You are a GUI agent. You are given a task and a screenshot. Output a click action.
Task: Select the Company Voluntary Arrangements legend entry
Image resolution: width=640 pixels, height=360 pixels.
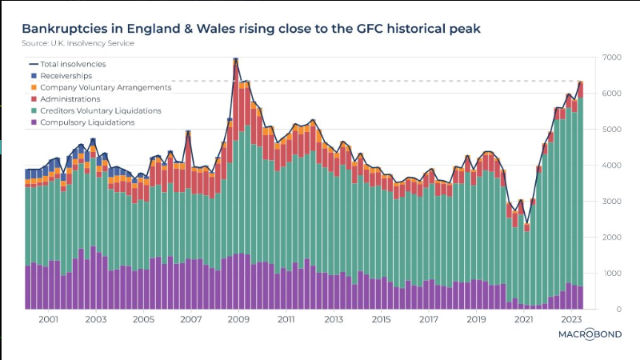click(x=106, y=87)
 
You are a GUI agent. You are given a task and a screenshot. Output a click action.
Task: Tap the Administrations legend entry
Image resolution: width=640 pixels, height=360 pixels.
click(x=71, y=99)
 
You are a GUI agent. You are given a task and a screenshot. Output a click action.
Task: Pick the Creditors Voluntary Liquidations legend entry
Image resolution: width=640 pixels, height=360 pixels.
click(x=101, y=110)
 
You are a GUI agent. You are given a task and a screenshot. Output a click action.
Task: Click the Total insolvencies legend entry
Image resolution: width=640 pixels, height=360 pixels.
click(x=73, y=64)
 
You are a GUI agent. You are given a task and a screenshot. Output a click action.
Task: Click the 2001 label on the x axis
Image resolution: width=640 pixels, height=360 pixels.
click(x=48, y=319)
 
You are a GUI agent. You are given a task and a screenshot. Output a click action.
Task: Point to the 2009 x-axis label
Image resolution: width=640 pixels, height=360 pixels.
click(x=238, y=319)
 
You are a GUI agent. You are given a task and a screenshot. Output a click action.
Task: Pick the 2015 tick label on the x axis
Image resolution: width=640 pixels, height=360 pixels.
click(x=381, y=319)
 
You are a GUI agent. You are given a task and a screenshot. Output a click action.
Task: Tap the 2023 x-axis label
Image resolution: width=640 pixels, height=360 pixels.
click(x=571, y=319)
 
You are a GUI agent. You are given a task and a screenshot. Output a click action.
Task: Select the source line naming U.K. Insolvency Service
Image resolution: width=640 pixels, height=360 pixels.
click(x=78, y=43)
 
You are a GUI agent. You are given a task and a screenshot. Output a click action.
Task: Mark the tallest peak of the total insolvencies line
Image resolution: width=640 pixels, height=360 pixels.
click(x=235, y=58)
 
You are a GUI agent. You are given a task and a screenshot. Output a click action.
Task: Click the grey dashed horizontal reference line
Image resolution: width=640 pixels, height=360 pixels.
click(x=400, y=81)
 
